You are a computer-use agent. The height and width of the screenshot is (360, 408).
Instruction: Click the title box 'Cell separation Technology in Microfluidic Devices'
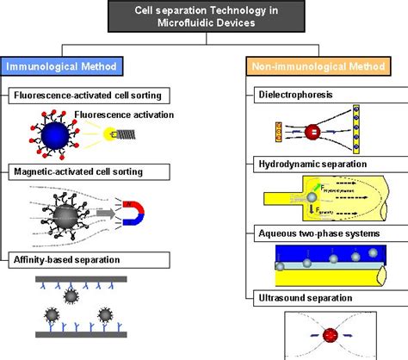click(205, 18)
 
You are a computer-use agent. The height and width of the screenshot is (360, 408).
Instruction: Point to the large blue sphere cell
click(43, 135)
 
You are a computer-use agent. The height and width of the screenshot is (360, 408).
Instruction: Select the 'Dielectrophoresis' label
click(292, 92)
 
